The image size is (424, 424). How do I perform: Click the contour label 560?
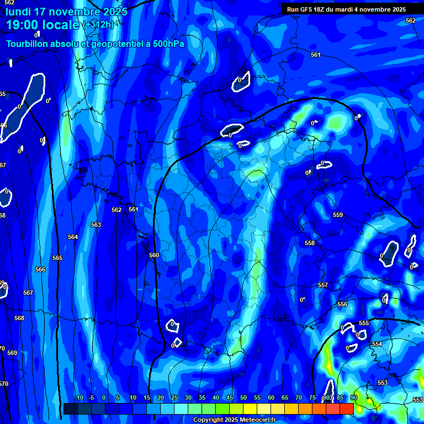click(x=154, y=255)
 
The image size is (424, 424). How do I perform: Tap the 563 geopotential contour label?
click(x=96, y=225)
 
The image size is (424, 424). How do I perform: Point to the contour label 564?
click(x=73, y=237)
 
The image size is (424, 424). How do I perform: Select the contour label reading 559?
click(x=338, y=215)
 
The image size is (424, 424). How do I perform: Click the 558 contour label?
click(x=310, y=243)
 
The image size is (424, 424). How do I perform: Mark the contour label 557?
click(x=323, y=285)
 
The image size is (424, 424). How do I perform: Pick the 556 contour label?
click(x=342, y=304)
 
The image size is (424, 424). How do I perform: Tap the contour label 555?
click(x=364, y=323)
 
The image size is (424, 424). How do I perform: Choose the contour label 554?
click(x=377, y=344)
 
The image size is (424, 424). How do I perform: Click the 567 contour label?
click(x=28, y=293)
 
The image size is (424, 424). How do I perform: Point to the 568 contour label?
click(x=19, y=318)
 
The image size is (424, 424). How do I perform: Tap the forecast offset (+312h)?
click(x=98, y=25)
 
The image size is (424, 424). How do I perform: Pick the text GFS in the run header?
click(x=306, y=9)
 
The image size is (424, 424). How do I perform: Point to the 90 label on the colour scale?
click(x=354, y=397)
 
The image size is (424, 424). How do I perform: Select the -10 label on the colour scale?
click(x=78, y=397)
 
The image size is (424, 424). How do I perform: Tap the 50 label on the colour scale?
click(x=243, y=397)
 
